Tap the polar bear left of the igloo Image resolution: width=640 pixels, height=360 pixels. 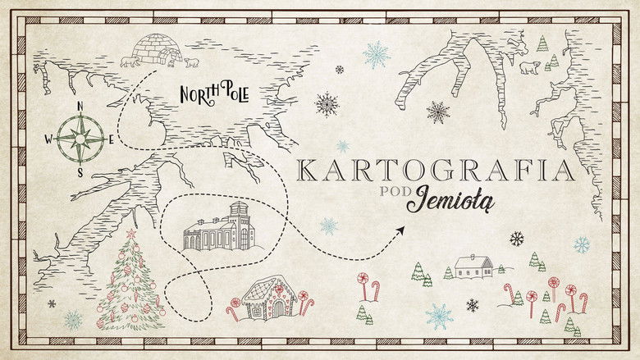click(x=130, y=61)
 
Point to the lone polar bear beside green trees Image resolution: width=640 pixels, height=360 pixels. click(x=529, y=66)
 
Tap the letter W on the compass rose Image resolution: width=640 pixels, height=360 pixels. click(x=48, y=139)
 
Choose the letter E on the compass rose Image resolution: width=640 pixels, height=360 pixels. click(x=112, y=139)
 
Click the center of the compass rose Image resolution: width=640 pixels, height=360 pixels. click(x=80, y=139)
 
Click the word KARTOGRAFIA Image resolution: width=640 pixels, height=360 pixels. click(x=435, y=171)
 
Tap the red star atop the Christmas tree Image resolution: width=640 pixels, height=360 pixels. click(x=130, y=234)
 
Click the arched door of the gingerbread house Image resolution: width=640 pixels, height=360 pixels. click(x=277, y=308)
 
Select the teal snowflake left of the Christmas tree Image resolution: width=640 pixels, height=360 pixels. click(x=73, y=318)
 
